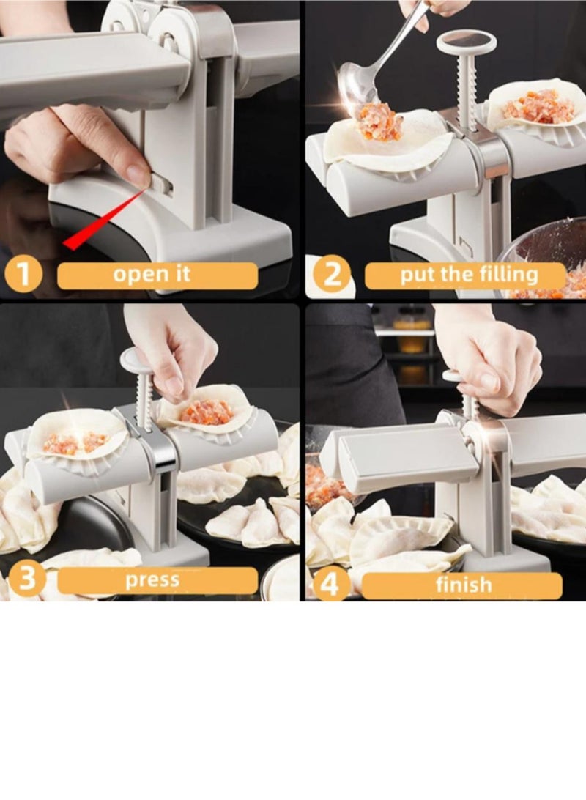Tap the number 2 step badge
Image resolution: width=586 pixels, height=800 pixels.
[x=332, y=275]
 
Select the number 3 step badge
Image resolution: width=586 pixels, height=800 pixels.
[x=23, y=580]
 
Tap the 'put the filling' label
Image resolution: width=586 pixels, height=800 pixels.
[x=469, y=276]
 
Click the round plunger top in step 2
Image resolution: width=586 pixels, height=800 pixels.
[x=466, y=42]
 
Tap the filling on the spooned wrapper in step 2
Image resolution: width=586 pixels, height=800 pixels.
[x=379, y=122]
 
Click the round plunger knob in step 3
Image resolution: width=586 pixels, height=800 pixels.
[x=137, y=359]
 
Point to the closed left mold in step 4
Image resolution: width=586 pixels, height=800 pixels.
[x=399, y=457]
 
